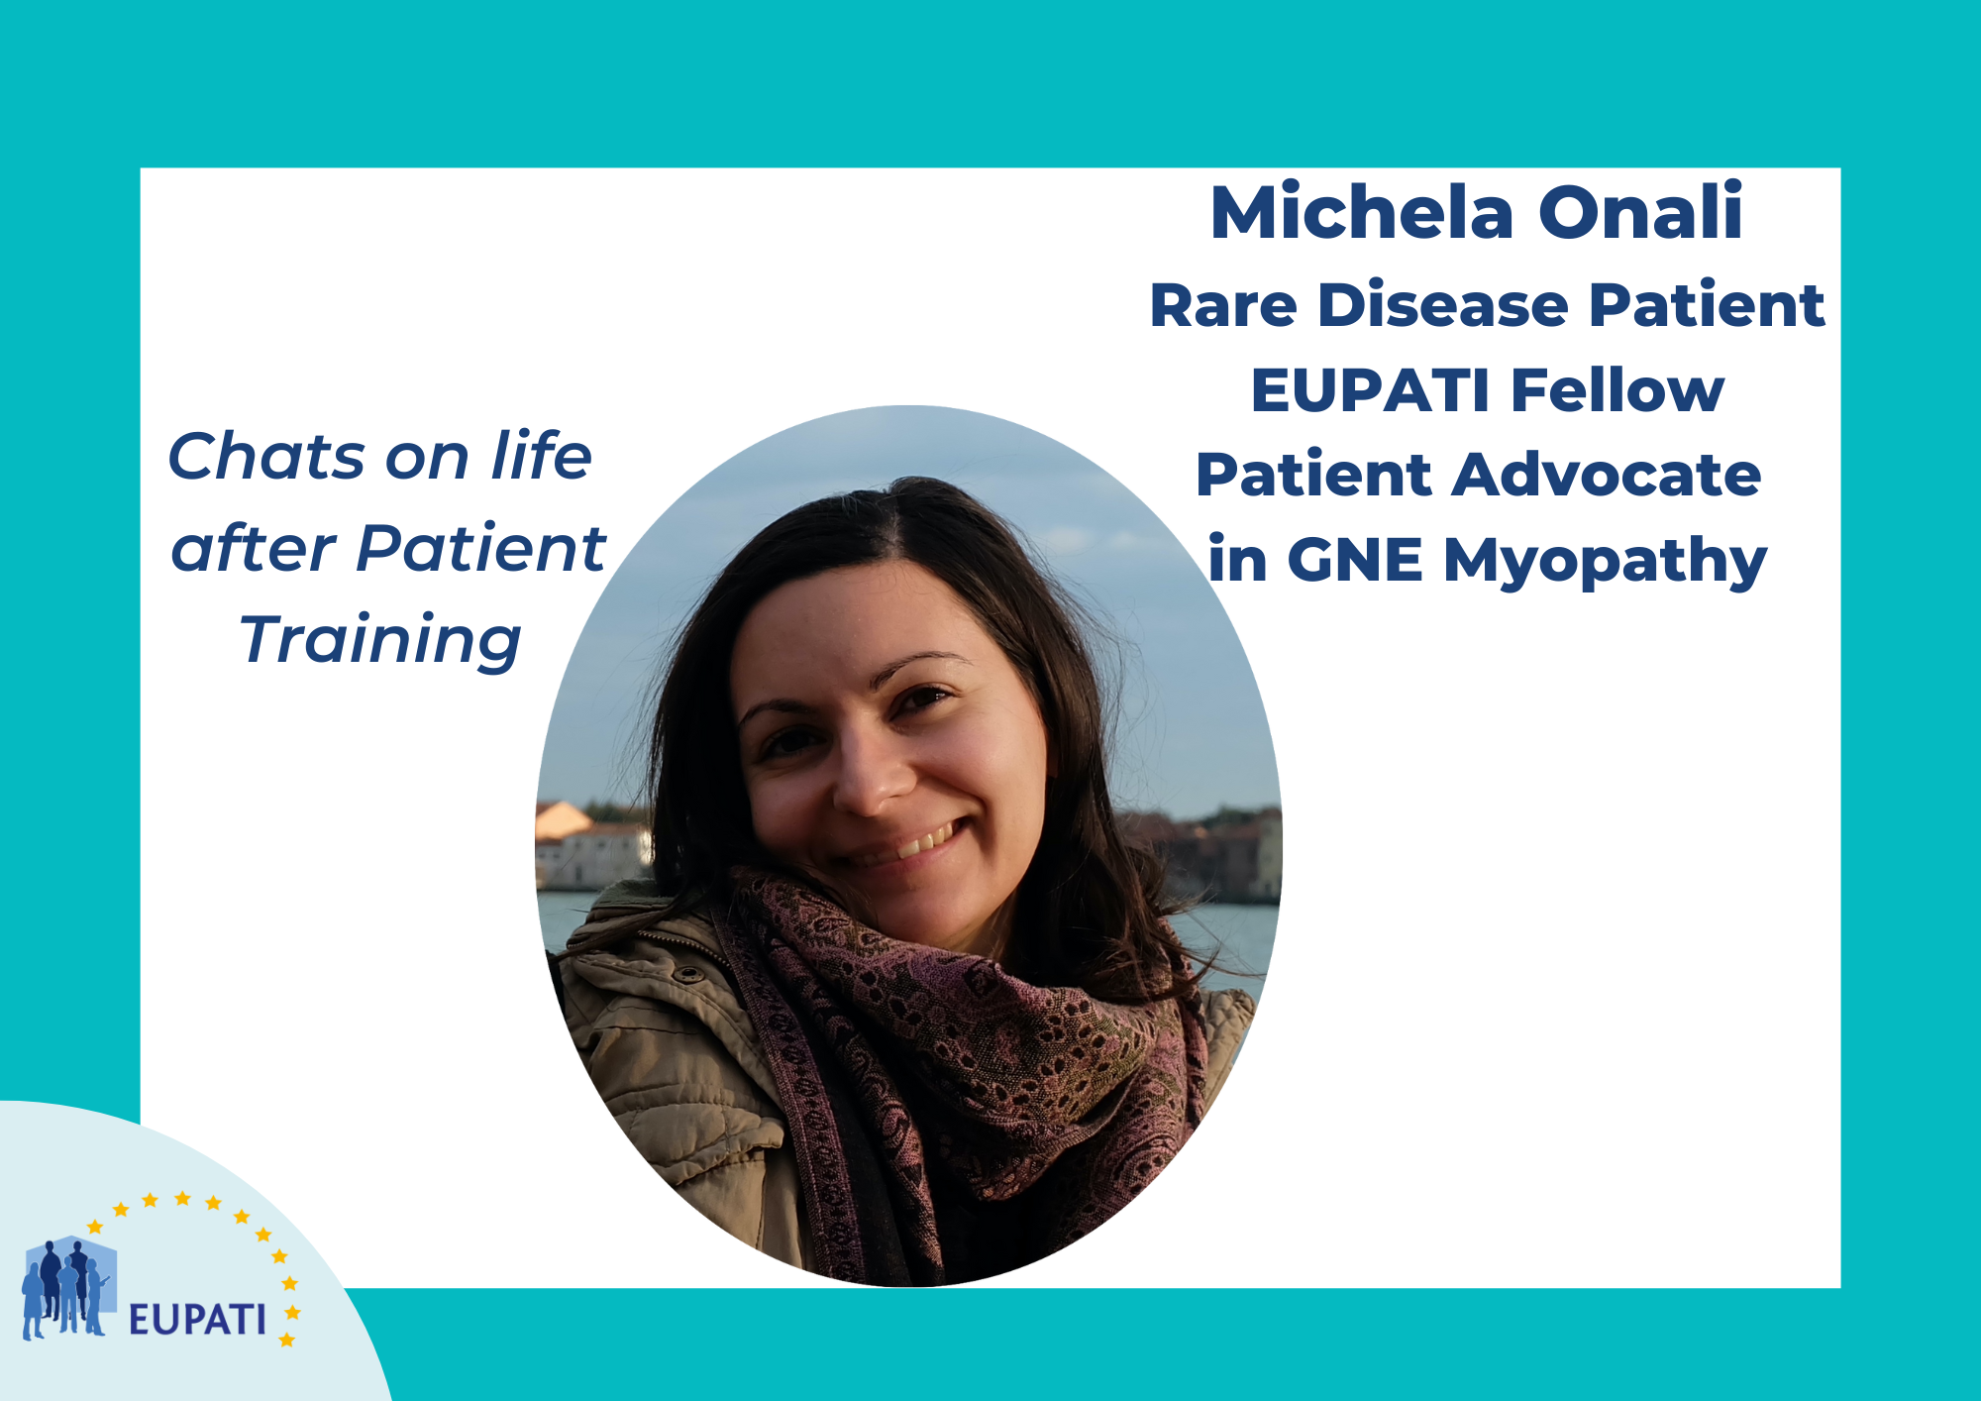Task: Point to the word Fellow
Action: pyautogui.click(x=1617, y=389)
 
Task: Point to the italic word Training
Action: pyautogui.click(x=380, y=641)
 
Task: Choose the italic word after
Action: pyautogui.click(x=253, y=548)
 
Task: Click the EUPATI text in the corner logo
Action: pyautogui.click(x=197, y=1320)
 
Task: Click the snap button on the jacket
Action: pyautogui.click(x=687, y=974)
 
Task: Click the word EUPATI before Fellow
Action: pyautogui.click(x=1371, y=389)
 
